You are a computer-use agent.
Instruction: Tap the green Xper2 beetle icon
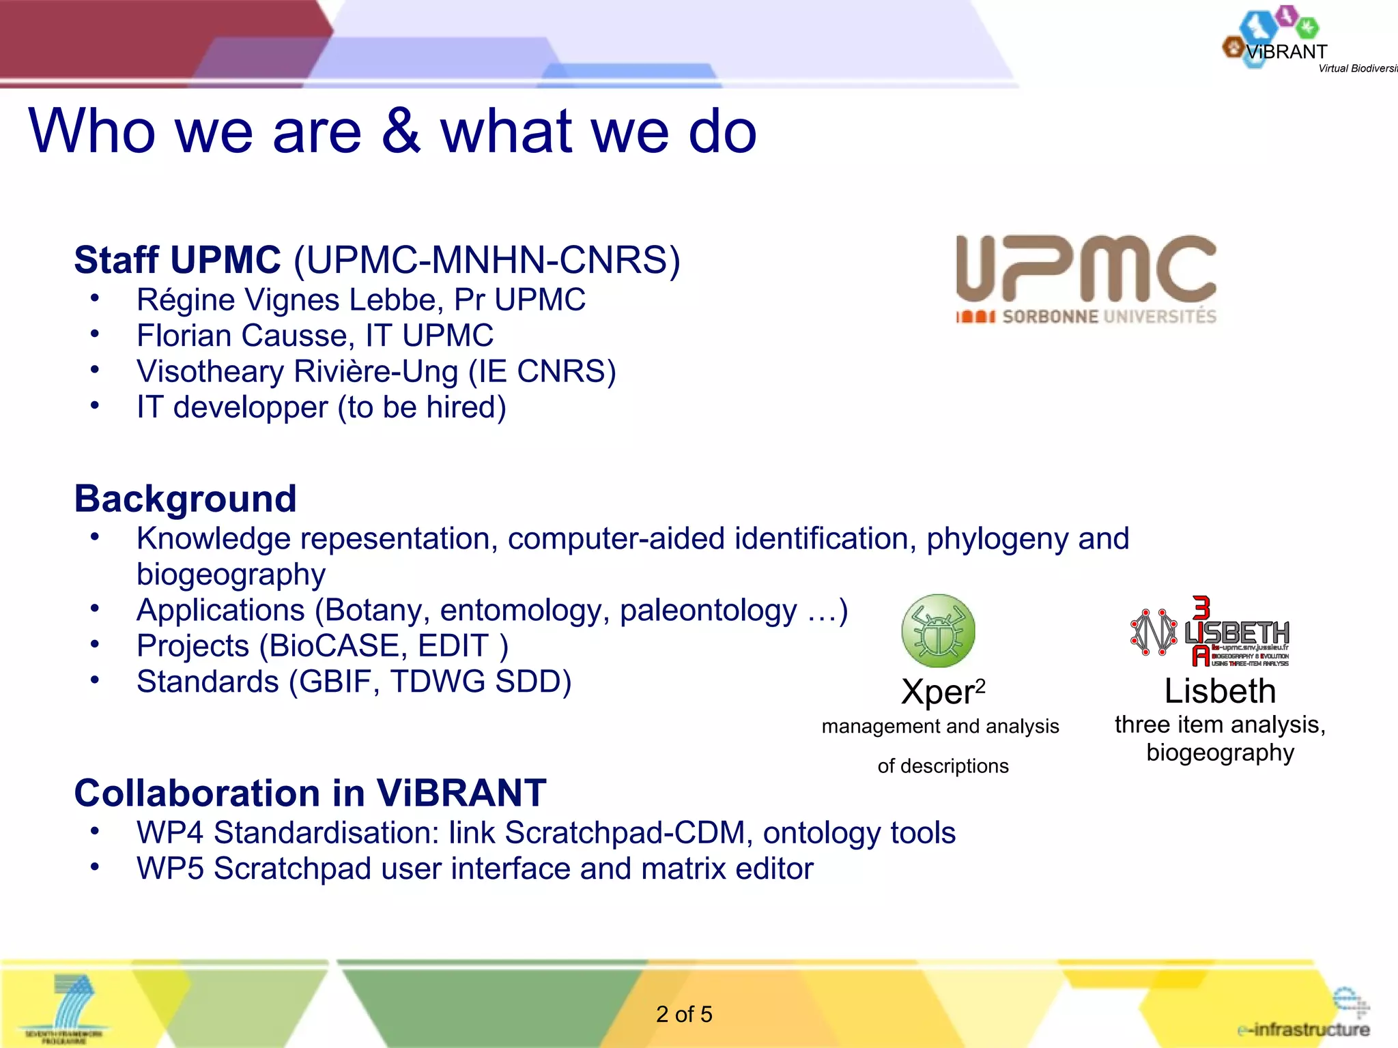938,630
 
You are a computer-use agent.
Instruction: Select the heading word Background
185,499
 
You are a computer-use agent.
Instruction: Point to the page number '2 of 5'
684,1014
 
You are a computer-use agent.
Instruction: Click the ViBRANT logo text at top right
1286,52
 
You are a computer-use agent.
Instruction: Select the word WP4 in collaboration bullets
169,833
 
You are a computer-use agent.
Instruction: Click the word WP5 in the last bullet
169,869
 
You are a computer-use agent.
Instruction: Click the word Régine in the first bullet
186,300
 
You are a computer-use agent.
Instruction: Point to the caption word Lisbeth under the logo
1220,691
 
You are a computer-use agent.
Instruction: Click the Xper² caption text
942,692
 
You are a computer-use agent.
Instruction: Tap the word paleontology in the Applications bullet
708,610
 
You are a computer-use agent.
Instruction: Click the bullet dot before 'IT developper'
95,405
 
